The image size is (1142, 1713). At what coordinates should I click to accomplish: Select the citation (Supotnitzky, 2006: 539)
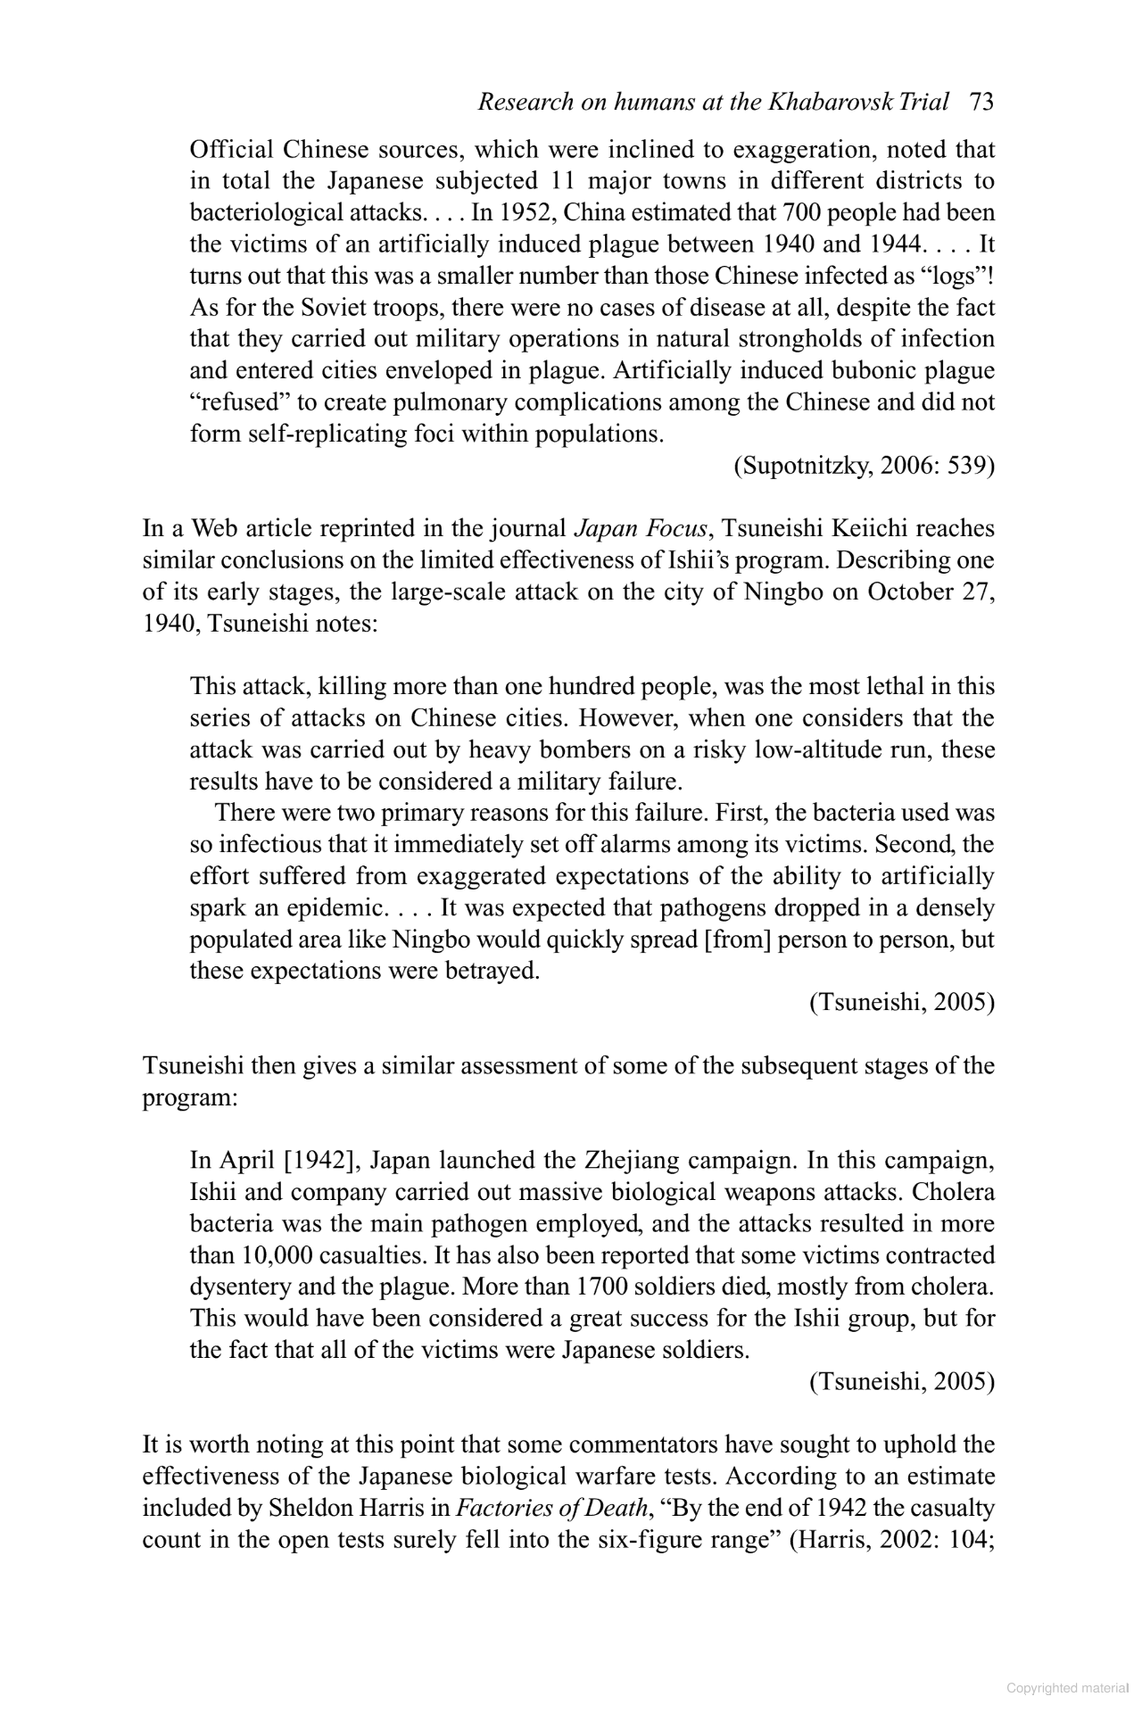coord(864,466)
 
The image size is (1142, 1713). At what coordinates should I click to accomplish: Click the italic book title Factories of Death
coord(553,1508)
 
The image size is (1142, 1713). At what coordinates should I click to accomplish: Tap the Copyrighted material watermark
coord(1066,1688)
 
